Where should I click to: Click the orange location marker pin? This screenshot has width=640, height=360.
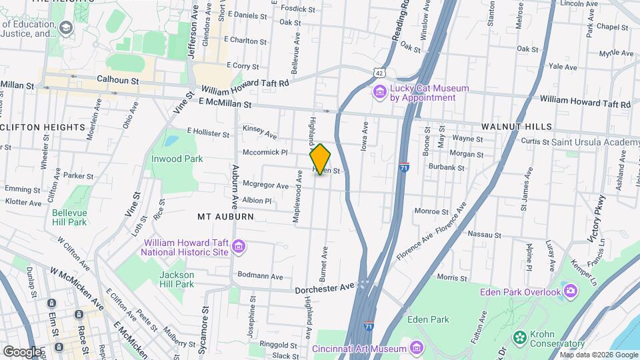coord(320,159)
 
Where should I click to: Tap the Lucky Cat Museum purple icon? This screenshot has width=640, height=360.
coord(380,91)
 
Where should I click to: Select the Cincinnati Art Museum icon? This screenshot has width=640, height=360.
coord(417,348)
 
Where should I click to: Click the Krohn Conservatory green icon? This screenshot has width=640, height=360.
coord(519,339)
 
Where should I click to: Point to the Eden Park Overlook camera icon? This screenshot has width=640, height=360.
coord(570,291)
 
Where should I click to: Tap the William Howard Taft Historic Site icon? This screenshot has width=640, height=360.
coord(238,248)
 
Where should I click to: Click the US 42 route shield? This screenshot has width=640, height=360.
coord(379,71)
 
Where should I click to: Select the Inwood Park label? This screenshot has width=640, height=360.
coord(177,159)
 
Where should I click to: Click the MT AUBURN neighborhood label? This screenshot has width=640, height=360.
coord(225,217)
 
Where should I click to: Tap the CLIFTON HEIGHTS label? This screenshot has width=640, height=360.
coord(43,127)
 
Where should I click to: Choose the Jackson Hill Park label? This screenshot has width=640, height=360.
coord(177,279)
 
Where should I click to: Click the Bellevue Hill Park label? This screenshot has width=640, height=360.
coord(69,217)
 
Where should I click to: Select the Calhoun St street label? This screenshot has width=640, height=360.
coord(117,79)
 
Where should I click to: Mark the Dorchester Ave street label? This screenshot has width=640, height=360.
coord(324,289)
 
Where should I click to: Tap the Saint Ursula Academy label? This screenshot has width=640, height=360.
coord(595,142)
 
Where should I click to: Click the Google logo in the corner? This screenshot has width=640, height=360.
coord(21,351)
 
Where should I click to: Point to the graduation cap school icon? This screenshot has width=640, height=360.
coord(65,27)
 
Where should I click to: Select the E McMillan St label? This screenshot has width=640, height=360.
coord(225,103)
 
